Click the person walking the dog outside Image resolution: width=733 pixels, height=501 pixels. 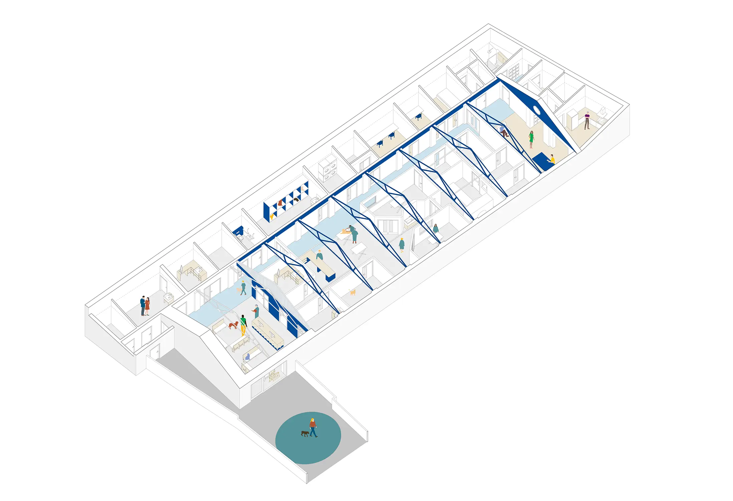coord(313,428)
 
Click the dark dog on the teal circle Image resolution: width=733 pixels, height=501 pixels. coord(305,434)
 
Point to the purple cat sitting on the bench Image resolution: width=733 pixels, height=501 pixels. coord(247,357)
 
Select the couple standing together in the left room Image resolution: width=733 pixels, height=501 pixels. coord(145,306)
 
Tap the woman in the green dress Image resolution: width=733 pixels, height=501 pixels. coord(531,139)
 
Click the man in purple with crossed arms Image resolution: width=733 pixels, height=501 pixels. coord(587,121)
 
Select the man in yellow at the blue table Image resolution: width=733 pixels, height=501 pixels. coord(552,160)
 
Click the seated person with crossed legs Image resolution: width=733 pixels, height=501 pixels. coord(503,131)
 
